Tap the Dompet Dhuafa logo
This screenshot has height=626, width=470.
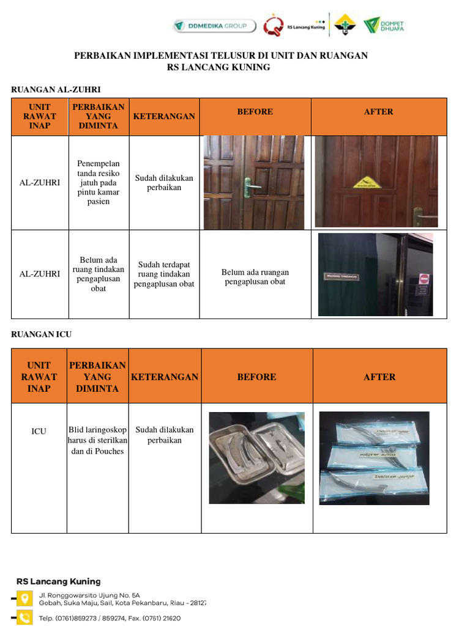point(384,26)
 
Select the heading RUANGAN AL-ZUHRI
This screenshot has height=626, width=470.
point(56,90)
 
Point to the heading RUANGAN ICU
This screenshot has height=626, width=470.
point(42,334)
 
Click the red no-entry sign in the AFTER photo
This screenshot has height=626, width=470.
point(424,279)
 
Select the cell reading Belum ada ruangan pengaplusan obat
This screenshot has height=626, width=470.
point(255,277)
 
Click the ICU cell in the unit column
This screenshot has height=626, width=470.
point(39,432)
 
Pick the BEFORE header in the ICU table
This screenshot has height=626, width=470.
point(256,377)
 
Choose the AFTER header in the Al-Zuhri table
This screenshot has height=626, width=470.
point(378,112)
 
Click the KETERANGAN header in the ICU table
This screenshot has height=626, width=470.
point(165,377)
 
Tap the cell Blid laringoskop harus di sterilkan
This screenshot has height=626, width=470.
point(97,440)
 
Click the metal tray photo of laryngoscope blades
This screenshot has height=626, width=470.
point(256,457)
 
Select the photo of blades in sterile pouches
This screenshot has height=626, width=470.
point(374,457)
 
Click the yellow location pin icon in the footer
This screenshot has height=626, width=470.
point(24,598)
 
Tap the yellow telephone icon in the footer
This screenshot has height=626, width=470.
point(24,617)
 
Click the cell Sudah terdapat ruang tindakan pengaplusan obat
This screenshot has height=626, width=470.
point(164,274)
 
